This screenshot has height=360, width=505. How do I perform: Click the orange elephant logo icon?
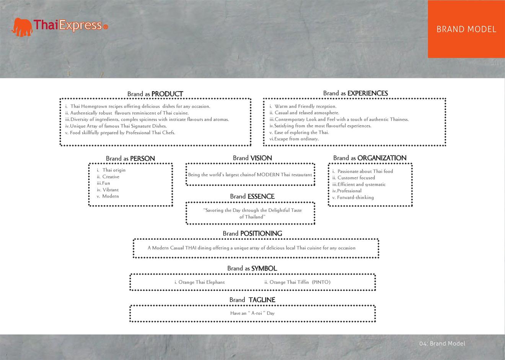click(x=22, y=27)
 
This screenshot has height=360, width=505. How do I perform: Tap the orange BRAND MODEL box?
click(x=466, y=29)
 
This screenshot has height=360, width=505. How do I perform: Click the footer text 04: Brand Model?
click(x=442, y=344)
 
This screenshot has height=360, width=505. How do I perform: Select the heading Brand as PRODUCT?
click(x=155, y=94)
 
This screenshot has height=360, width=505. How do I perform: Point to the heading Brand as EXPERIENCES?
click(x=355, y=93)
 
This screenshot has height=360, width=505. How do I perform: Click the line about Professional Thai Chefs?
click(x=120, y=133)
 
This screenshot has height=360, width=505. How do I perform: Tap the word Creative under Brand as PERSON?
click(x=111, y=177)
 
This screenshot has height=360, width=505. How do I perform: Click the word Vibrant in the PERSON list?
click(x=110, y=190)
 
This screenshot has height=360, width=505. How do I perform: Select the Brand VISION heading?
click(x=252, y=158)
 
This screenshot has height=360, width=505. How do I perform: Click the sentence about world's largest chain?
click(x=250, y=175)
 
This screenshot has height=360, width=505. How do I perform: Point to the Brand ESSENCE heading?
click(x=252, y=196)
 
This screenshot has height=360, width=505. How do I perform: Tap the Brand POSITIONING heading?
click(x=252, y=233)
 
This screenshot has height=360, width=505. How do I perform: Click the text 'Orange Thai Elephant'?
click(x=199, y=282)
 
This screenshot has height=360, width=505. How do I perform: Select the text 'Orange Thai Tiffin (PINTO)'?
click(x=297, y=282)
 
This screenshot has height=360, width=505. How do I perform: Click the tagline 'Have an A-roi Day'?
click(x=252, y=313)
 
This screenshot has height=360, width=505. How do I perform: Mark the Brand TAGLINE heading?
click(x=252, y=300)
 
